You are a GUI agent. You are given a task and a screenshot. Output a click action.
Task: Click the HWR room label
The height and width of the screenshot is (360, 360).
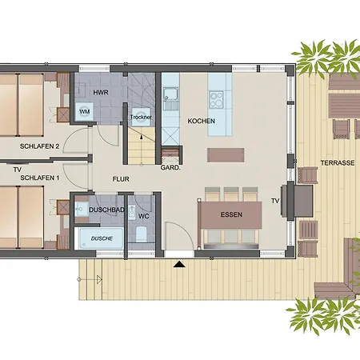(102, 93)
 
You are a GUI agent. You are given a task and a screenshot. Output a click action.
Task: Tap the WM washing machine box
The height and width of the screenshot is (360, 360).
(85, 112)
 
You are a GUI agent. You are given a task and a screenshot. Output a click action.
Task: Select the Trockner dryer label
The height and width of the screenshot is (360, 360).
(141, 118)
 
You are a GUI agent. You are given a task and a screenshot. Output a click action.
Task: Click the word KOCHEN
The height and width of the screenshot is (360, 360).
(201, 121)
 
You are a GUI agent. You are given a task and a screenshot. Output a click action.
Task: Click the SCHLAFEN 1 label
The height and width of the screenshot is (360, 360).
(40, 177)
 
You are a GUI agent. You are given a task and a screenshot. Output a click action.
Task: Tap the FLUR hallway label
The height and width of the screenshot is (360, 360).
(121, 179)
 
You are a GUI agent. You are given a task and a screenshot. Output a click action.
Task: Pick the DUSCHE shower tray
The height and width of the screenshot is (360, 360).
(101, 238)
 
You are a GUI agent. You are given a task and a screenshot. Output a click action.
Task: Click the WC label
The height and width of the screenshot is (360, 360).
(144, 215)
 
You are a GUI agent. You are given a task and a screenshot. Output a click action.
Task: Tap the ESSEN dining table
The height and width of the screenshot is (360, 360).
(231, 214)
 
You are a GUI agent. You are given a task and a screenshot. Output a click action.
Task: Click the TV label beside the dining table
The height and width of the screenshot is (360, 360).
(275, 200)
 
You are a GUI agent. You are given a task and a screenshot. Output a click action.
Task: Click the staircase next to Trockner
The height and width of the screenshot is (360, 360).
(141, 148)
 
